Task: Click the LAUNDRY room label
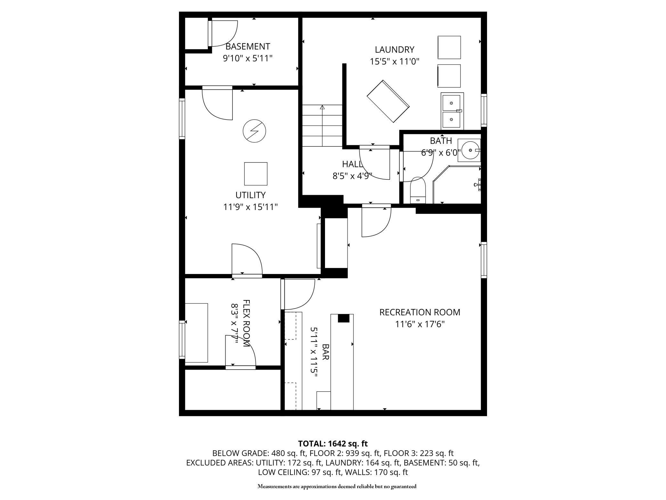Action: tap(394, 49)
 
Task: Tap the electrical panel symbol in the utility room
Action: tap(255, 131)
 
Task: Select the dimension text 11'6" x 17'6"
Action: tap(420, 324)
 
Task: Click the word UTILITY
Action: tap(250, 195)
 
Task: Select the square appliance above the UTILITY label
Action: tap(256, 174)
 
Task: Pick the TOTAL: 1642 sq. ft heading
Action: tap(333, 444)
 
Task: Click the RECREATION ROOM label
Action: tap(420, 312)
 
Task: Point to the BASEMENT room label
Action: tap(248, 46)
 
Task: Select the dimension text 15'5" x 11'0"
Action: tap(394, 61)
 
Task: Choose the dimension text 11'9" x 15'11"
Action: tap(250, 207)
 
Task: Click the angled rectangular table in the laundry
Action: tap(388, 101)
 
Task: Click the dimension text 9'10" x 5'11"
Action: tap(248, 58)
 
